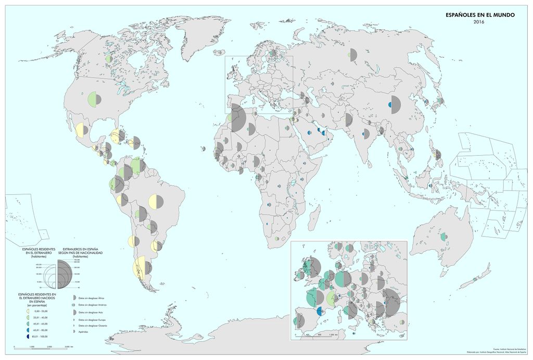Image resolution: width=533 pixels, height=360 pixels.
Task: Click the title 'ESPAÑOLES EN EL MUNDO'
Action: [x=480, y=15]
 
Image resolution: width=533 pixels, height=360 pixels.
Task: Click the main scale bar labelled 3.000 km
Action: [x=40, y=346]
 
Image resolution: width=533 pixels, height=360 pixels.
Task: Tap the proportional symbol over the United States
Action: [x=95, y=98]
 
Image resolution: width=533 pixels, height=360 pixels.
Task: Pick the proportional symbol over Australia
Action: [x=443, y=237]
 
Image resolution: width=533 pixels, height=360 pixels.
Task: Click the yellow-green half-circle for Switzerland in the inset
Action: [x=330, y=299]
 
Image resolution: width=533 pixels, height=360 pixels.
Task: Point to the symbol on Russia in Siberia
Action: [x=352, y=54]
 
